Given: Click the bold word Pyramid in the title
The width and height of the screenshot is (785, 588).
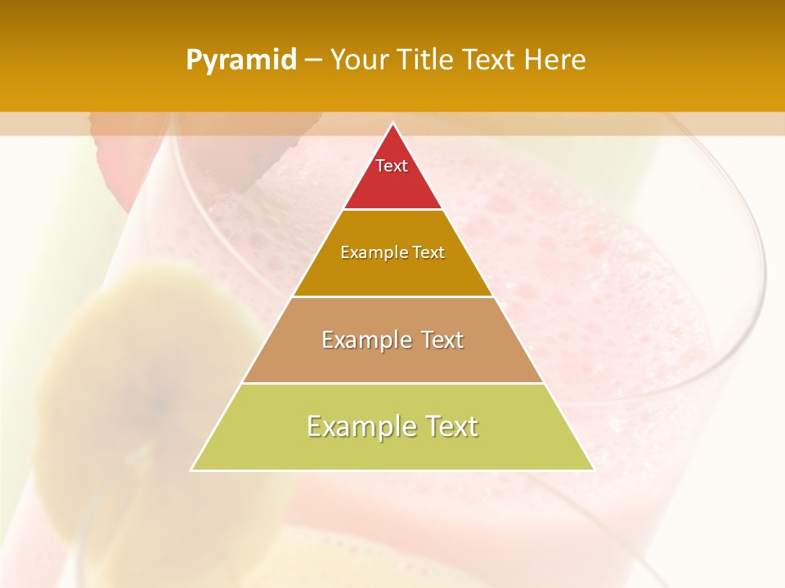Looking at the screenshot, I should tap(240, 60).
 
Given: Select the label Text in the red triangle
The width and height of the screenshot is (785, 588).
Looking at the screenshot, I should tap(392, 166).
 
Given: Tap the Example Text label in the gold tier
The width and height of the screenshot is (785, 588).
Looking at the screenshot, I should tap(392, 253).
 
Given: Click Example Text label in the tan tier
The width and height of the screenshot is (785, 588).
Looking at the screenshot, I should tap(392, 340).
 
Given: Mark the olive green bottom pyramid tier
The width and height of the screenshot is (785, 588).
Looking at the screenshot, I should tap(392, 449).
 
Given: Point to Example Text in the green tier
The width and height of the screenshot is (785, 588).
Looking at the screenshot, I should tap(392, 426).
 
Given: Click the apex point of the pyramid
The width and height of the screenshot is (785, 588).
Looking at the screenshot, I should tap(392, 124).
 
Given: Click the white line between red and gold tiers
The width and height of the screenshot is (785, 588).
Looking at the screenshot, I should tap(392, 209).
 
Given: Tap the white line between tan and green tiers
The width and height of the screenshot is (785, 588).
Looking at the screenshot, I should tap(392, 383).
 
